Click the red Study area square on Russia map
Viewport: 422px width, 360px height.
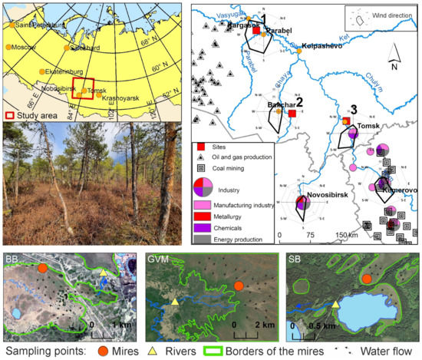83,89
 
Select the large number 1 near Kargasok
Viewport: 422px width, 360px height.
262,18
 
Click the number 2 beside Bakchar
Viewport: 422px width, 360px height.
300,101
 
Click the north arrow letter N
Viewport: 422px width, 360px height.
394,65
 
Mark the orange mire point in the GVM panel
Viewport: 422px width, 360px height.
239,286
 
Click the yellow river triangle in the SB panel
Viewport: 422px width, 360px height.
336,306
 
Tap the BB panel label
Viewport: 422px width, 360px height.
13,259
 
